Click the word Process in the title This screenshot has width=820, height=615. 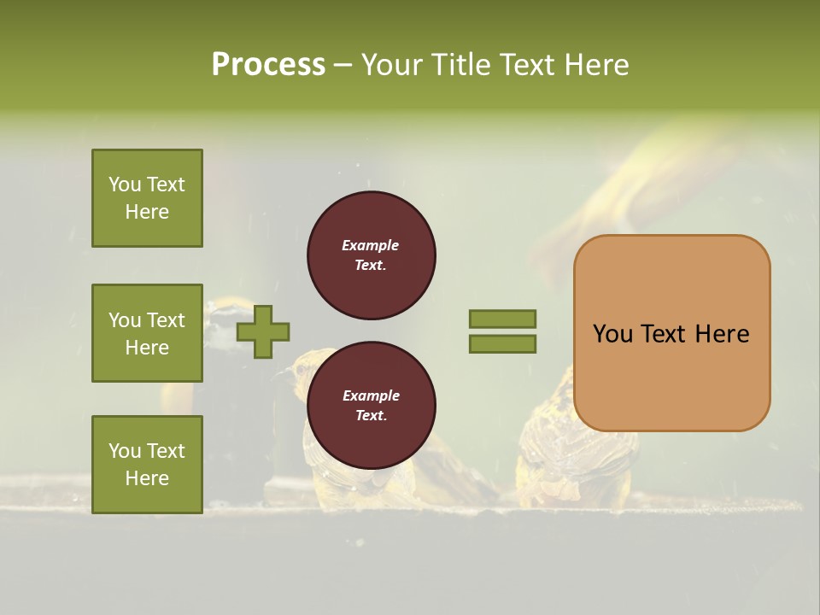[x=268, y=65]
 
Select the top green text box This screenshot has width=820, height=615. [x=147, y=198]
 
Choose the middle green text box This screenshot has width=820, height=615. [x=147, y=333]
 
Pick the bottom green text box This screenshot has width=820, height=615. [x=147, y=465]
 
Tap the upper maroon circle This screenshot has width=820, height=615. [x=371, y=255]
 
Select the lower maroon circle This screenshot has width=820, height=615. [x=371, y=406]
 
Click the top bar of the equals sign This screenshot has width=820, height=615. [x=502, y=319]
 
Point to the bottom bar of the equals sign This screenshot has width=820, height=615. [x=502, y=344]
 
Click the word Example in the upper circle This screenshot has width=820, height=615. [x=371, y=245]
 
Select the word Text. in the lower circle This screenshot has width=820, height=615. [x=371, y=416]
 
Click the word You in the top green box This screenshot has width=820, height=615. [x=124, y=184]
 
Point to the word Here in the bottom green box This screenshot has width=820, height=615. [x=147, y=478]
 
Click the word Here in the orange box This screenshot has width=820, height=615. [x=722, y=334]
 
